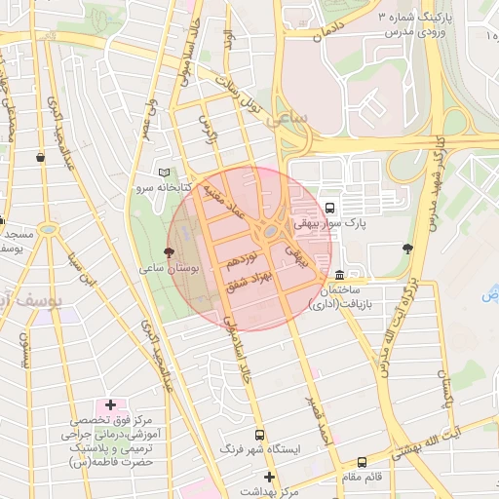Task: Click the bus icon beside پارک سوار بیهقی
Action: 330,208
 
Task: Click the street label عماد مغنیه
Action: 223,203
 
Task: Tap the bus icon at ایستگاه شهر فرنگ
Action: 259,435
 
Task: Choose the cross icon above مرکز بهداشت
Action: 270,478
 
